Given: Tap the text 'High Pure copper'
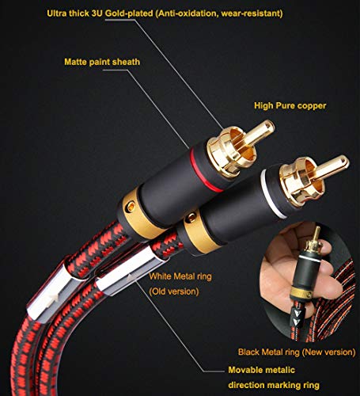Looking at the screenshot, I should pyautogui.click(x=290, y=104).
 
